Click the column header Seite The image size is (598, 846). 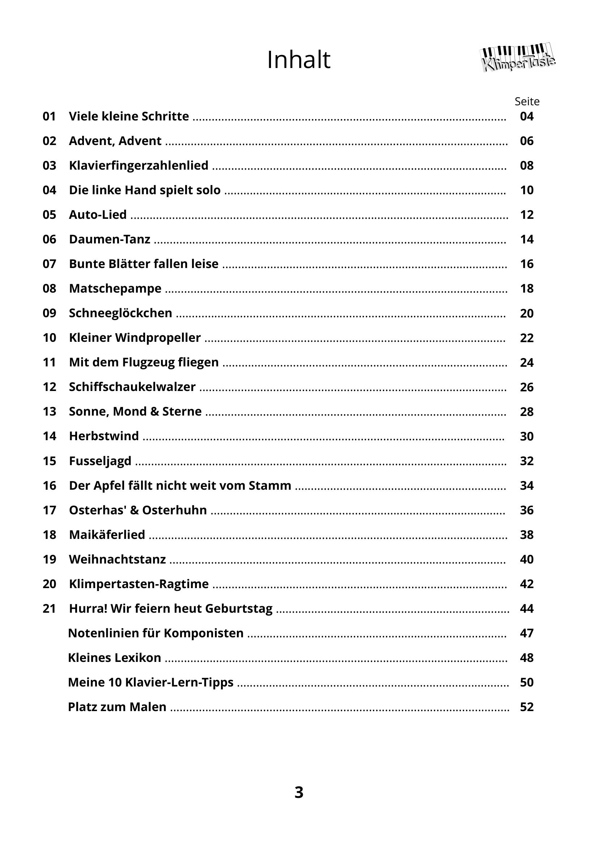[x=526, y=101]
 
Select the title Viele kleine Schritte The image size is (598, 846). [x=128, y=116]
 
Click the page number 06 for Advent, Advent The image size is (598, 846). [x=526, y=141]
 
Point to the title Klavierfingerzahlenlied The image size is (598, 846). [x=139, y=165]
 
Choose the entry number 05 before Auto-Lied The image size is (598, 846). [x=49, y=215]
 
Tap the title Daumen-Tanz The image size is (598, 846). [x=109, y=239]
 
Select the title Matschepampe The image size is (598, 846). [x=115, y=289]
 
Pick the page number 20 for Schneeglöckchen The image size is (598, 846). [x=526, y=313]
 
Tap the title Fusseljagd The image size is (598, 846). [x=100, y=461]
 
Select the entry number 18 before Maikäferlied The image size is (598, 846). [x=49, y=535]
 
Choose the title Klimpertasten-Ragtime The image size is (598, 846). [x=139, y=584]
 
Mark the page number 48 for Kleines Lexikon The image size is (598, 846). [x=526, y=658]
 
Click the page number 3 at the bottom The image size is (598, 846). [x=299, y=792]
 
